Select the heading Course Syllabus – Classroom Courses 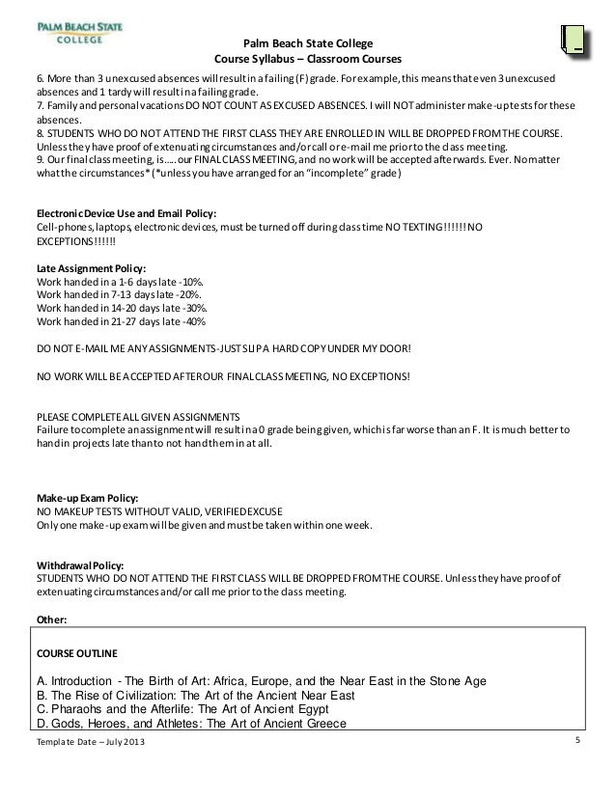[298, 59]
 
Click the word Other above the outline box [51, 619]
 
